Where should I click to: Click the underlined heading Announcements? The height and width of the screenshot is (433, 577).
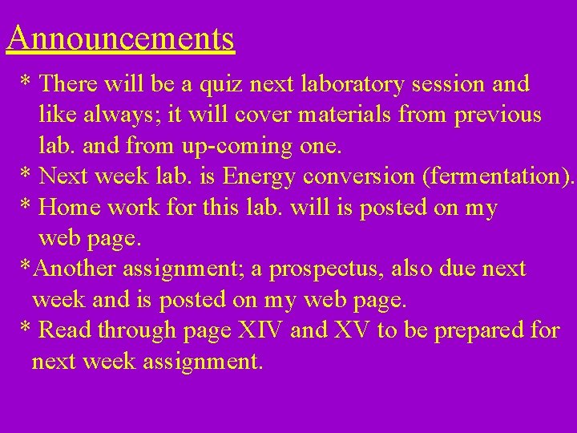[120, 38]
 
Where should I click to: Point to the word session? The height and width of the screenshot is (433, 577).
[456, 83]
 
